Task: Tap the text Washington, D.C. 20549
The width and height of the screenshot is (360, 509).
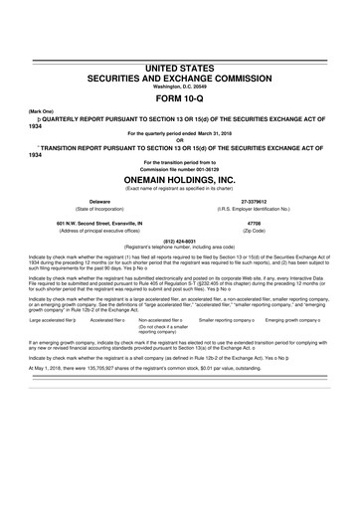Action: pos(180,85)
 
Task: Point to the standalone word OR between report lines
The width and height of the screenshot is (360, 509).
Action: pos(180,140)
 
